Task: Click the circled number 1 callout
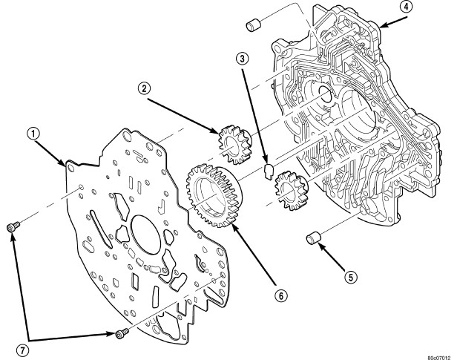34,134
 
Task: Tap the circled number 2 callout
144,88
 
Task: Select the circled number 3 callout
243,59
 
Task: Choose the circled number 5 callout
351,277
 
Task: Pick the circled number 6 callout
281,296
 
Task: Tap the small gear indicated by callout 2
235,144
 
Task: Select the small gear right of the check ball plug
292,190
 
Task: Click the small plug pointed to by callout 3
269,171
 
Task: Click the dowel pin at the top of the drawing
254,24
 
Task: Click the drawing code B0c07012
441,357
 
